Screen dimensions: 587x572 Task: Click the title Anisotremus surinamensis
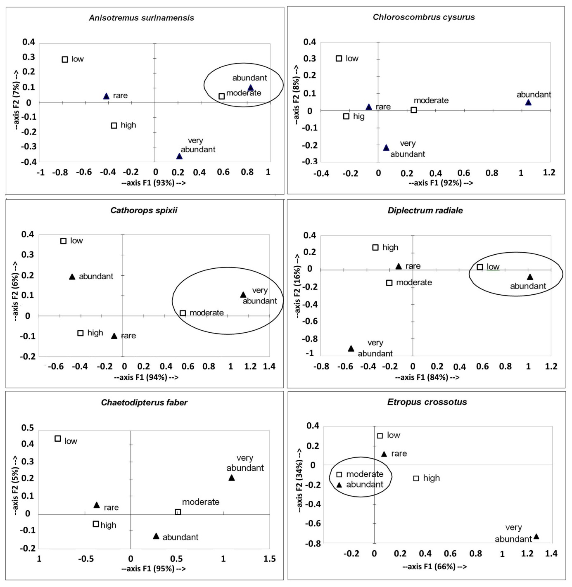[141, 18]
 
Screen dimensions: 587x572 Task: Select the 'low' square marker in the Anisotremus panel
[65, 59]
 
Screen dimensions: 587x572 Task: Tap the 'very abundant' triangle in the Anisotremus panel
[179, 156]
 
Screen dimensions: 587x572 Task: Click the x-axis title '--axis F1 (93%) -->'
[154, 182]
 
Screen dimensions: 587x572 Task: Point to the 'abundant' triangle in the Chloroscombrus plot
[528, 102]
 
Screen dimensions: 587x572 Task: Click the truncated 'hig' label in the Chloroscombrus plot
[358, 116]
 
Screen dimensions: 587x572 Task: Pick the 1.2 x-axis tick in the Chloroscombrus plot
[549, 173]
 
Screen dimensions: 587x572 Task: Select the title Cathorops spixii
[144, 210]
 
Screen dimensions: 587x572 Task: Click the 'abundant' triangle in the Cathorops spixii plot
[72, 277]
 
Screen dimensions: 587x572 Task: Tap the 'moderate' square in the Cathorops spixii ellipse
[183, 313]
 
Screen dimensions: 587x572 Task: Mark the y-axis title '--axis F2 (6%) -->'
[16, 291]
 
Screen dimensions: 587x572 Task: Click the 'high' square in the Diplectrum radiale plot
[375, 248]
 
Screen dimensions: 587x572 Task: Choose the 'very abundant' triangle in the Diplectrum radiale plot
[351, 349]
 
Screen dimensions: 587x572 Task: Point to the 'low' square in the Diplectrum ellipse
[480, 267]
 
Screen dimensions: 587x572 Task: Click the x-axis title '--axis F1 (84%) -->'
[427, 377]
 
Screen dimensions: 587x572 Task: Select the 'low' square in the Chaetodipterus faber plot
[58, 439]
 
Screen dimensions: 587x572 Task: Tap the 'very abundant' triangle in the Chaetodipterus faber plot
[232, 478]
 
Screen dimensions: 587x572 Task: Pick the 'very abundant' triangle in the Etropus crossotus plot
[536, 537]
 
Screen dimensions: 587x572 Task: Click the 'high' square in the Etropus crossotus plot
[416, 478]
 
